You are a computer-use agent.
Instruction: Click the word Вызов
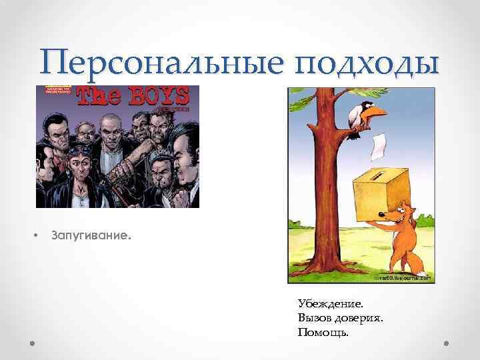pyautogui.click(x=315, y=318)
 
